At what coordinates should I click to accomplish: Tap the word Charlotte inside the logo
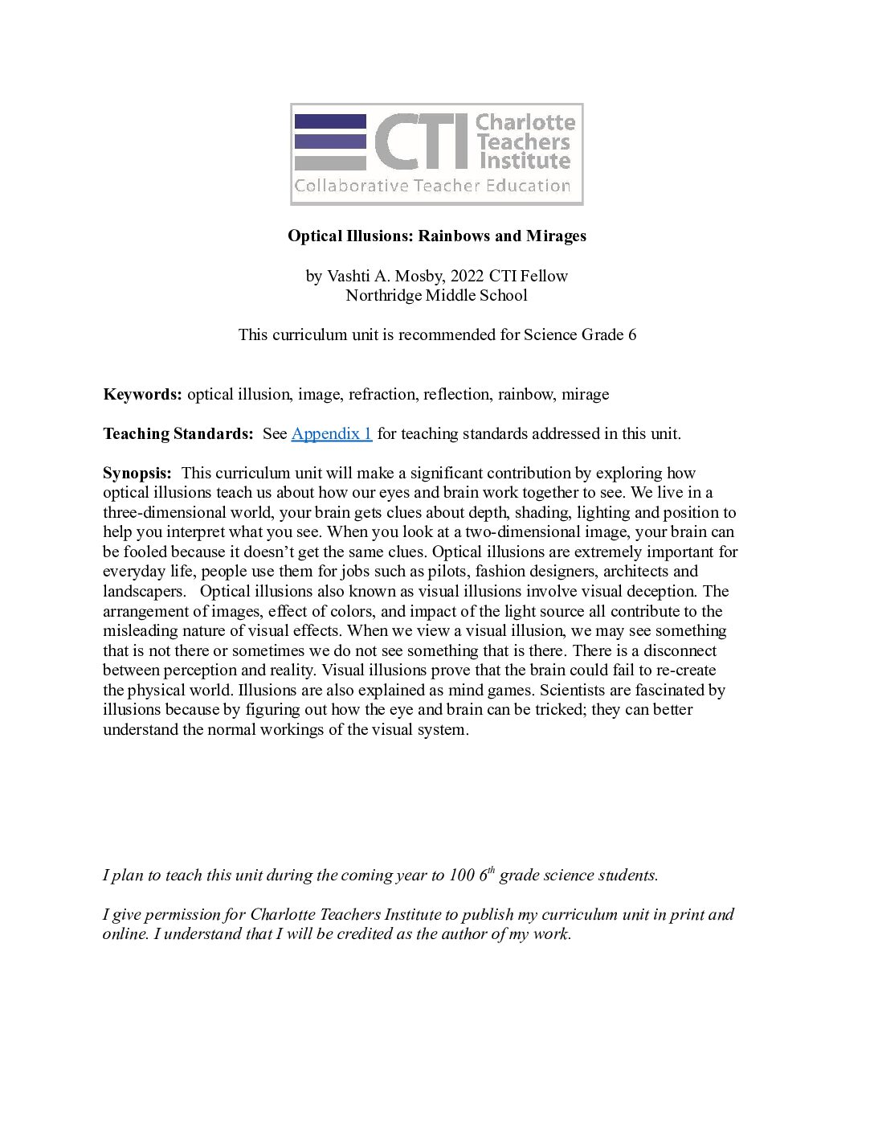click(x=525, y=122)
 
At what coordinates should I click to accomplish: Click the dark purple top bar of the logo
click(x=330, y=121)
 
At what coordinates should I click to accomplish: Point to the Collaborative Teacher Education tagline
click(x=432, y=186)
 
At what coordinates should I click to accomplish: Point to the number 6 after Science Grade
click(x=631, y=334)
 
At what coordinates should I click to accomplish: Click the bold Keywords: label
click(x=143, y=394)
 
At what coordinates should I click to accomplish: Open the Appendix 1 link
click(x=331, y=433)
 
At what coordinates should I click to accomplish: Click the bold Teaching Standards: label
click(x=178, y=433)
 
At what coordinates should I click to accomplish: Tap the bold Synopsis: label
click(x=137, y=473)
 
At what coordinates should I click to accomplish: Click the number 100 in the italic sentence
click(x=462, y=875)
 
